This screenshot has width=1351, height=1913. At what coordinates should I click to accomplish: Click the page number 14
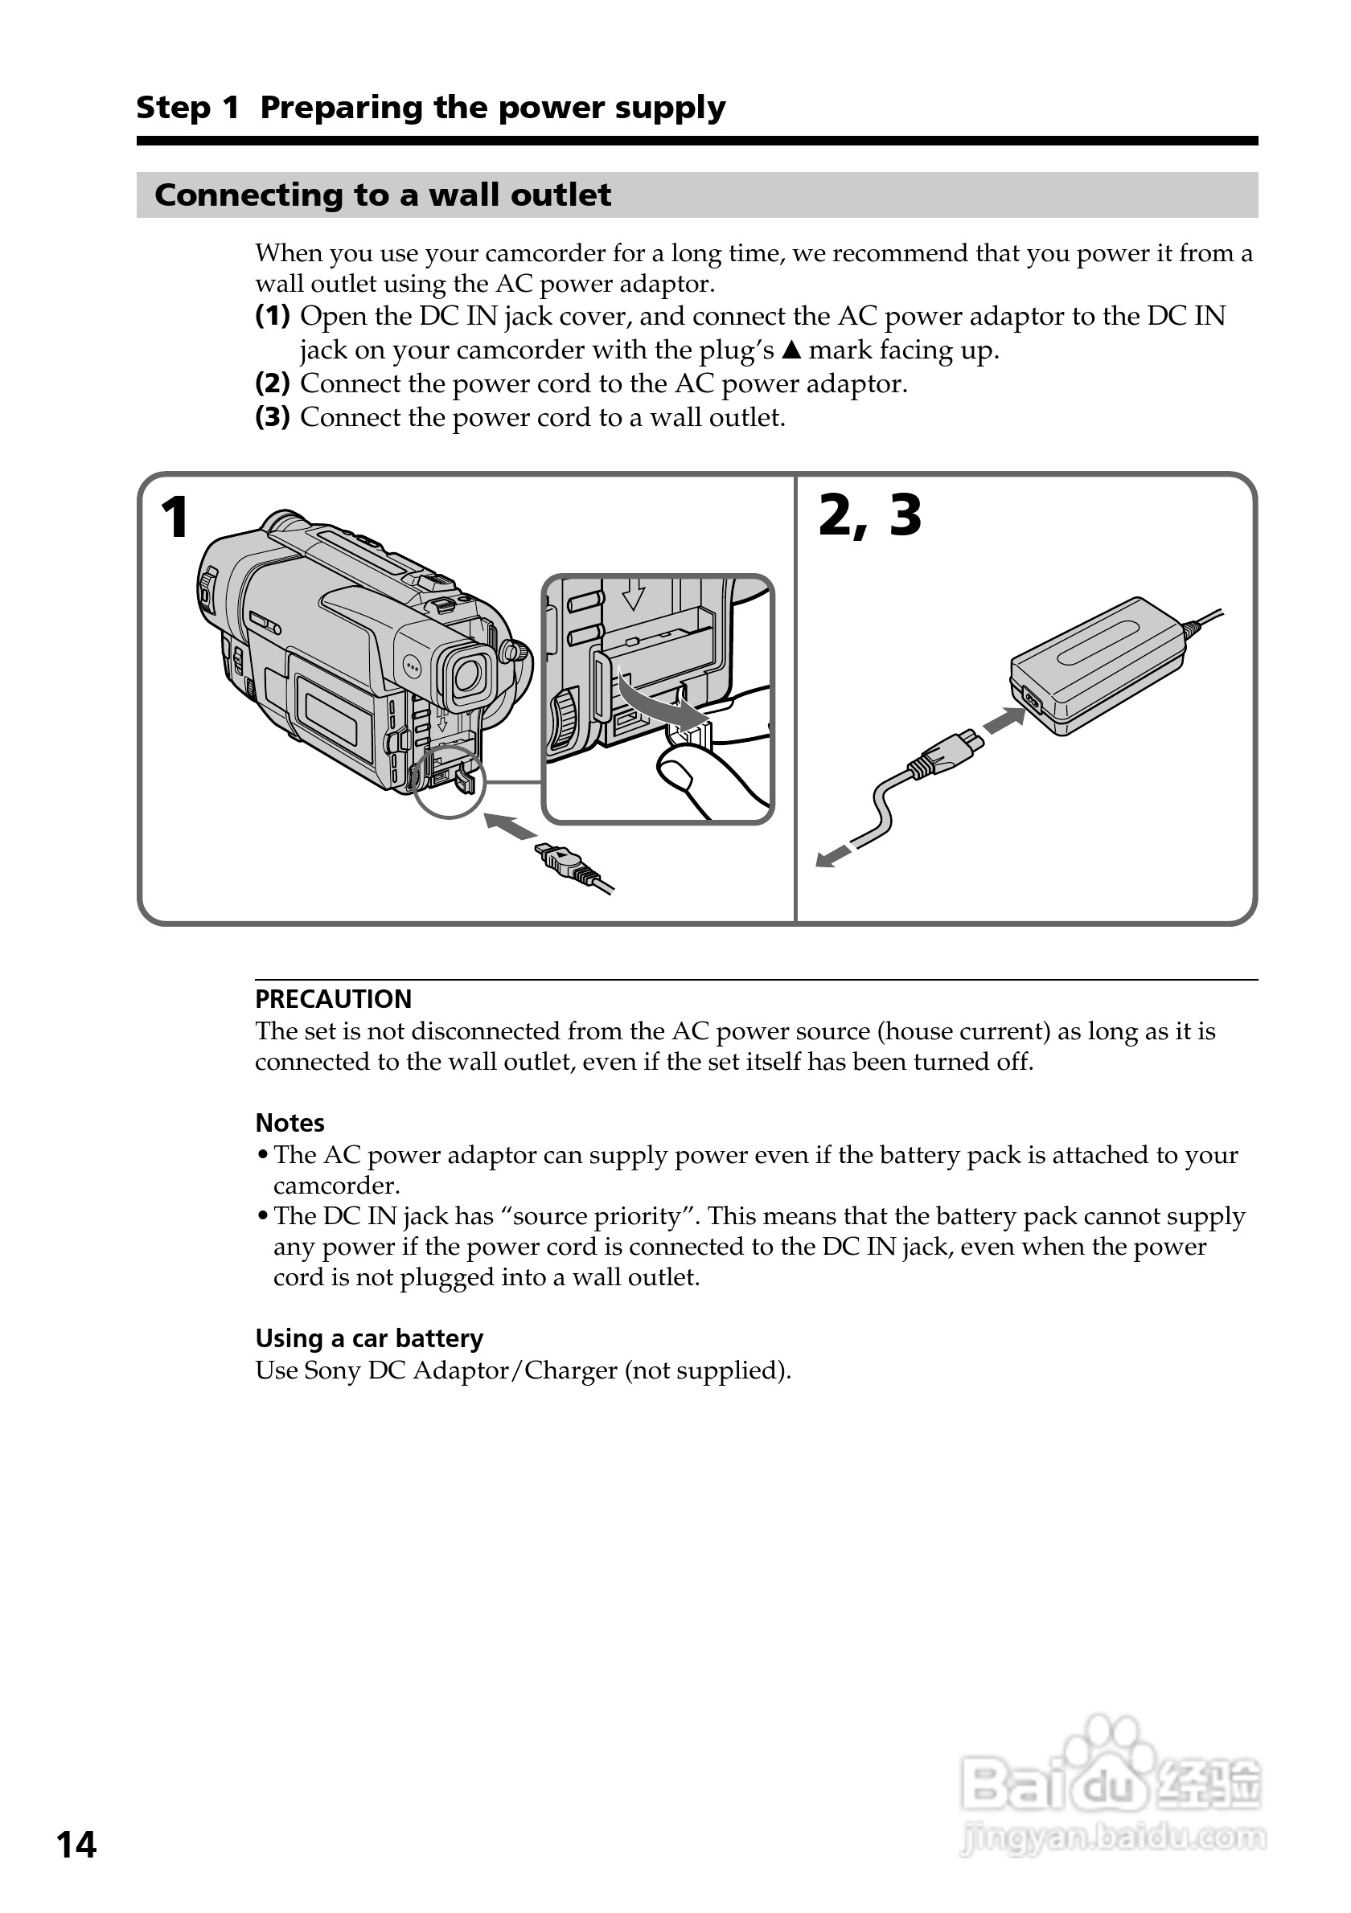(x=76, y=1845)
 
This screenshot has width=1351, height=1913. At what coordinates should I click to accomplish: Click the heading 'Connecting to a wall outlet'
(x=383, y=195)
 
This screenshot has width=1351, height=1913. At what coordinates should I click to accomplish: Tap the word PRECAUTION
(x=334, y=999)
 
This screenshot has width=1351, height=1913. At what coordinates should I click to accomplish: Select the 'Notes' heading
(x=289, y=1123)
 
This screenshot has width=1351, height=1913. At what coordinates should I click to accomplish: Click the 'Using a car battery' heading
(x=369, y=1338)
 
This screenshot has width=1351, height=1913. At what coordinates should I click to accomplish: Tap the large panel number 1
(x=175, y=518)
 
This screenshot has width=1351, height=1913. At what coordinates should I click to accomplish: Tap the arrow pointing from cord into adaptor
(x=1004, y=720)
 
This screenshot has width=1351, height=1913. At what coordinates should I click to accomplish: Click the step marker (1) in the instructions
(x=273, y=317)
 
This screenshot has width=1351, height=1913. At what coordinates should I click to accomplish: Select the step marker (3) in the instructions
(x=273, y=417)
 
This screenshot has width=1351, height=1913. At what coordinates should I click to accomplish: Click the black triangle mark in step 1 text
(x=792, y=350)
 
